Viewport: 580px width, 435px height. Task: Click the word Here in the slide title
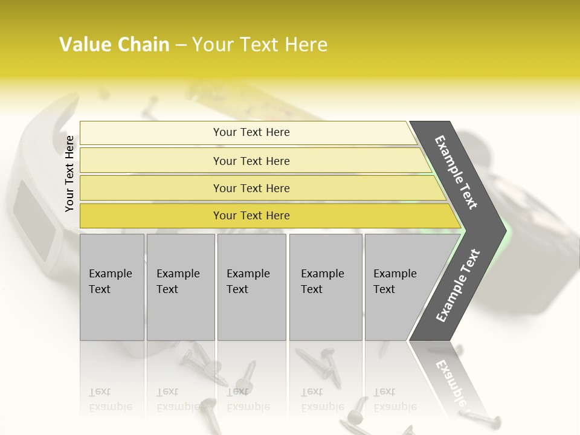(x=306, y=45)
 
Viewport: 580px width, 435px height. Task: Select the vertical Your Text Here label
(x=69, y=174)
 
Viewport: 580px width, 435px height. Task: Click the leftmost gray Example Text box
(x=112, y=287)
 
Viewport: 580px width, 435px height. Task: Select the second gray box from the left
(x=180, y=287)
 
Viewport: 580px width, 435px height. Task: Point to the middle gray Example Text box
(x=251, y=287)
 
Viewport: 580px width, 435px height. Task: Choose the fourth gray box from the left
(x=325, y=287)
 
